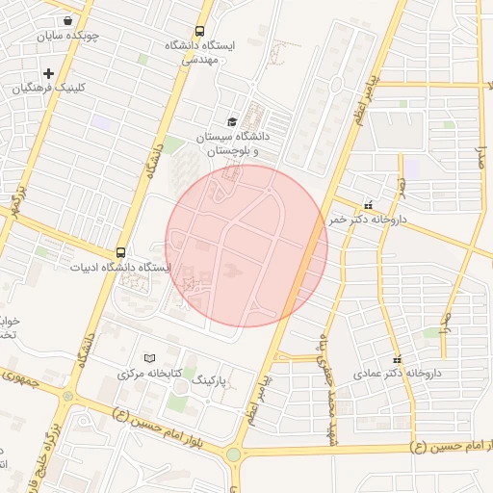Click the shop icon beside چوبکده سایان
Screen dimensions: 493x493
click(x=66, y=20)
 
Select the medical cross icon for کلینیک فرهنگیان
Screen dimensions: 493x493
click(x=48, y=73)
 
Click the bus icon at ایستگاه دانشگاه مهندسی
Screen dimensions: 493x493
click(x=199, y=31)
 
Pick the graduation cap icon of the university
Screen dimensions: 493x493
click(x=231, y=121)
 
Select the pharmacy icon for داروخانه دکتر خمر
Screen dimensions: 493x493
click(x=368, y=204)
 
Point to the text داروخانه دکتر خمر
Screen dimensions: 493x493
click(x=368, y=220)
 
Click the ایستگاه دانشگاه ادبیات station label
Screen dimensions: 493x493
click(x=120, y=267)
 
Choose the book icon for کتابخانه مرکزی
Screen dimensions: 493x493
click(x=148, y=357)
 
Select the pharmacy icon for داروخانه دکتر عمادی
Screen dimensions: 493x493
click(x=395, y=357)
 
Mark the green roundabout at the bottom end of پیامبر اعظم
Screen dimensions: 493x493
click(x=234, y=454)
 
